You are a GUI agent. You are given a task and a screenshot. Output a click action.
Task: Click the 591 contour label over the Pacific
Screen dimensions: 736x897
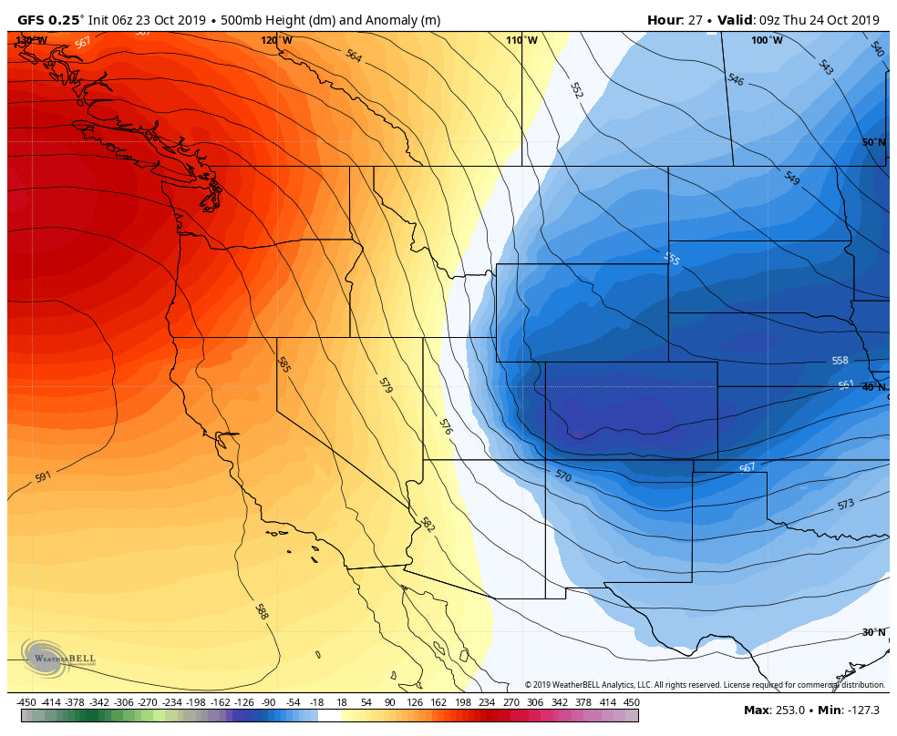coord(43,477)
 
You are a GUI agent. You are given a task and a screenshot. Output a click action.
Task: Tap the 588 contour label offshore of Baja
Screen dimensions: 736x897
coord(262,611)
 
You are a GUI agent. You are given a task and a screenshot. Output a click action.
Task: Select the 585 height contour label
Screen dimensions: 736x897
coord(284,365)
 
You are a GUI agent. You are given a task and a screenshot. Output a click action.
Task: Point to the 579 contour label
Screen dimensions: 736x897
coord(385,385)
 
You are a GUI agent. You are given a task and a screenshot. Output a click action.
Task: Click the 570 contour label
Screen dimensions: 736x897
coord(562,475)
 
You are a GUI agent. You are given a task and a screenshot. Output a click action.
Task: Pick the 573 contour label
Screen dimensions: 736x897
coord(845,505)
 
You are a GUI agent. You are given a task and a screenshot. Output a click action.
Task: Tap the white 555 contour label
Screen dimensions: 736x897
coord(672,259)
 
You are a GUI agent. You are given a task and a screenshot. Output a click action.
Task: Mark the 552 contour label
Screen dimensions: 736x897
coord(576,90)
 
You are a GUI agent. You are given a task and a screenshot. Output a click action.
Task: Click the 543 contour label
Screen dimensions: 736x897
coord(825,67)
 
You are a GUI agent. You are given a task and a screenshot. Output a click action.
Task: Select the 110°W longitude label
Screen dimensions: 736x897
coord(521,40)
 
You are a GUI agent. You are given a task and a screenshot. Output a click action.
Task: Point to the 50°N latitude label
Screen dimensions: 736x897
coord(873,142)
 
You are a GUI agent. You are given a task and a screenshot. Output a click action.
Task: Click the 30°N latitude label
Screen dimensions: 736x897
coord(873,632)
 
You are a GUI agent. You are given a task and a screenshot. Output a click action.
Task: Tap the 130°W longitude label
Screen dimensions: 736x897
coord(31,40)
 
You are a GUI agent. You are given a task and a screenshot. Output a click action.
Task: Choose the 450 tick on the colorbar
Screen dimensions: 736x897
coord(631,702)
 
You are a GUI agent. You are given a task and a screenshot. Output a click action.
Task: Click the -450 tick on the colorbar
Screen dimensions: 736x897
coord(26,702)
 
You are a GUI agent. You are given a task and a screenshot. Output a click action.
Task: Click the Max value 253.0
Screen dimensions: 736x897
coord(789,710)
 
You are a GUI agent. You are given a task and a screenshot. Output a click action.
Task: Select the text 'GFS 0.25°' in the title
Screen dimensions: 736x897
coord(50,20)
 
